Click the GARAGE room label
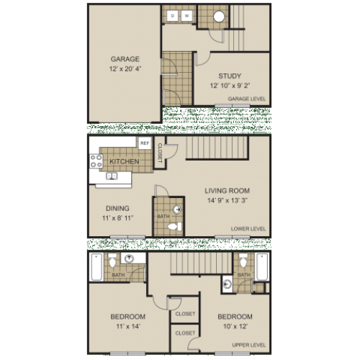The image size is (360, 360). pos(124,59)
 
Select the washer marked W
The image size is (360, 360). pos(186,15)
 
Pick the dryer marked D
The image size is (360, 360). pos(174,15)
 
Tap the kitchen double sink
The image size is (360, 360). pos(112,176)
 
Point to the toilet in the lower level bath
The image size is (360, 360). pos(171,225)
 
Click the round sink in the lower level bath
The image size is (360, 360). pos(176,210)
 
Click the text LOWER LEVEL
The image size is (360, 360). pos(249,229)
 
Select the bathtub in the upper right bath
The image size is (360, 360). pos(261,266)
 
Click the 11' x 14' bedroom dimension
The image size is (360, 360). pos(127,327)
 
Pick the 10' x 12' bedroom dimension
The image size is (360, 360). pos(234,327)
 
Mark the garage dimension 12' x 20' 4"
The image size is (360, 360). pos(124,69)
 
